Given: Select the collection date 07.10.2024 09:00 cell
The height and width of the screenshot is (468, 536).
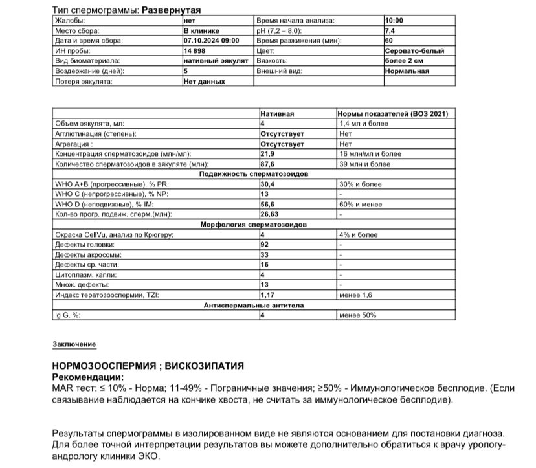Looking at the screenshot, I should (x=211, y=41).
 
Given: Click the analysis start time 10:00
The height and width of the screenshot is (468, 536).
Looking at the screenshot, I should (x=394, y=21).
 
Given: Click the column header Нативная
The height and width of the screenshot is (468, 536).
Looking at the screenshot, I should (x=277, y=113).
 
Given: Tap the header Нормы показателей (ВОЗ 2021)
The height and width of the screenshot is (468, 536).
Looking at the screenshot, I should (x=393, y=113).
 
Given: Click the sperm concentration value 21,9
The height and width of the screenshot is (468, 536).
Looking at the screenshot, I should (x=268, y=154).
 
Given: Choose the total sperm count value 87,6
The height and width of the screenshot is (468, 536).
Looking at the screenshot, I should (x=268, y=164).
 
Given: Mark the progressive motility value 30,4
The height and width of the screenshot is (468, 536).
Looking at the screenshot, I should (x=268, y=184).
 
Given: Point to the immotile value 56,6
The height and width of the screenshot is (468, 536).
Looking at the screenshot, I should (x=268, y=205).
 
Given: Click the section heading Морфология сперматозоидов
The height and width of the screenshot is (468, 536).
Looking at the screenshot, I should (x=253, y=225).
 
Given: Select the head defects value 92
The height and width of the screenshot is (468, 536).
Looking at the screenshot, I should (x=264, y=245).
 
